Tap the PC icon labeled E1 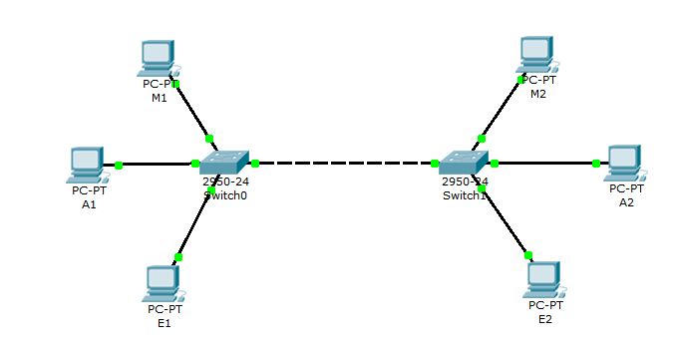(x=160, y=283)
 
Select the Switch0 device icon (x=225, y=164)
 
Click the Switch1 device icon (x=465, y=164)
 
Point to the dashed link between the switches (x=345, y=164)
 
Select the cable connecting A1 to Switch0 (x=156, y=165)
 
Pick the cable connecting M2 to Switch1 (x=501, y=111)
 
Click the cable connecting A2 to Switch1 (x=543, y=164)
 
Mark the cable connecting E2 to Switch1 (x=506, y=223)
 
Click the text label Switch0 (x=224, y=195)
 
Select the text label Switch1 (x=464, y=195)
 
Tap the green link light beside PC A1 (x=119, y=165)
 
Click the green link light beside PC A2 (x=596, y=164)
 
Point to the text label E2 (x=544, y=319)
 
